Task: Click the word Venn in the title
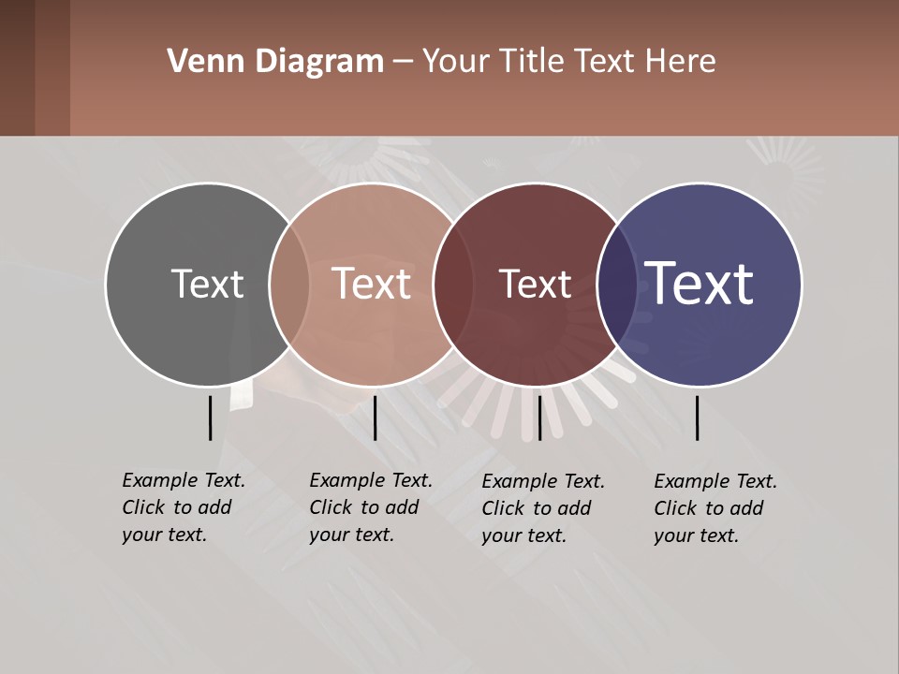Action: coord(199,62)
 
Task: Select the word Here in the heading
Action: coord(682,62)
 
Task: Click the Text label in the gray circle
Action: coord(207,284)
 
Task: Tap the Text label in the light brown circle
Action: coord(372,284)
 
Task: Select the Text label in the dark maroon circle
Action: coord(535,284)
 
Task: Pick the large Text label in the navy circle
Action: coord(700,283)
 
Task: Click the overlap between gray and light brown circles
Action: coord(289,284)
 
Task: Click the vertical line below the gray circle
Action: coord(210,418)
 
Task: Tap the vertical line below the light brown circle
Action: coord(375,418)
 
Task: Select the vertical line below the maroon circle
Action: coord(539,418)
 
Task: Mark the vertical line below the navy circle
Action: coord(698,418)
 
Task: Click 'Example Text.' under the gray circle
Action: coord(184,480)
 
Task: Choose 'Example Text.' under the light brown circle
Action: coord(371,480)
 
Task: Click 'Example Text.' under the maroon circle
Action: coord(543,481)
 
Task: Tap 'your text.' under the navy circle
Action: coord(696,535)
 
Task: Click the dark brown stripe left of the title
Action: coord(35,67)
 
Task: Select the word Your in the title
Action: coord(456,62)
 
